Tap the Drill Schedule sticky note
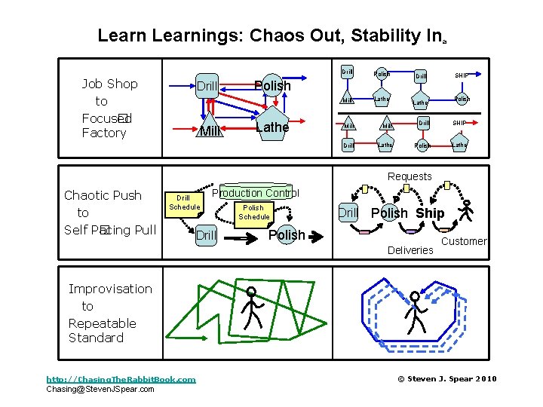pyautogui.click(x=183, y=202)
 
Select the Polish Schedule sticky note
pyautogui.click(x=253, y=212)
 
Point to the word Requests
pyautogui.click(x=410, y=176)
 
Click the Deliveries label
pyautogui.click(x=410, y=249)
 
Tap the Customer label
pyautogui.click(x=464, y=241)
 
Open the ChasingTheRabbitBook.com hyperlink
pyautogui.click(x=121, y=379)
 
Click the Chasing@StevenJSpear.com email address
pyautogui.click(x=100, y=389)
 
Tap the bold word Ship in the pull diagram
pyautogui.click(x=430, y=213)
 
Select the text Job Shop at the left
pyautogui.click(x=109, y=84)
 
